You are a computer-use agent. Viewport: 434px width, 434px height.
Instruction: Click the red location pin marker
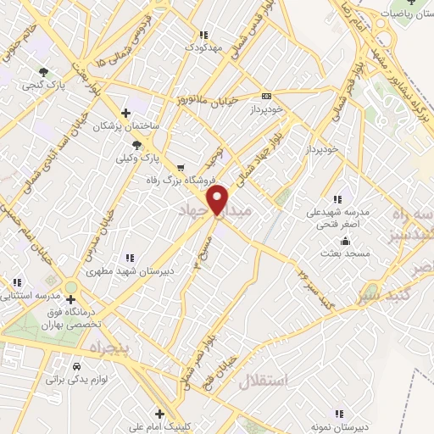click(x=219, y=201)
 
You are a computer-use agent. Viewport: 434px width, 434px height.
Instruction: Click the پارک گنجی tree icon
click(x=44, y=72)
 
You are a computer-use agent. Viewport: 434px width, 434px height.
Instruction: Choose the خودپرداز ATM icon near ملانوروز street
click(x=266, y=96)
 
